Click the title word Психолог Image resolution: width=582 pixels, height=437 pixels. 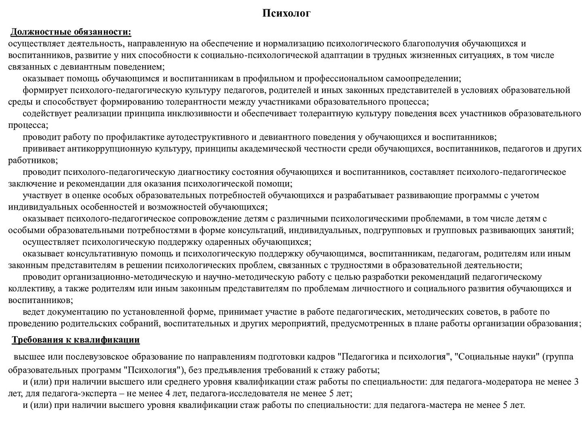coord(287,14)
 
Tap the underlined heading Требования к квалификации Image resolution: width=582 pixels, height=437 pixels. coord(76,340)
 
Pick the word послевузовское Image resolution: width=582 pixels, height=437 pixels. coord(100,357)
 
